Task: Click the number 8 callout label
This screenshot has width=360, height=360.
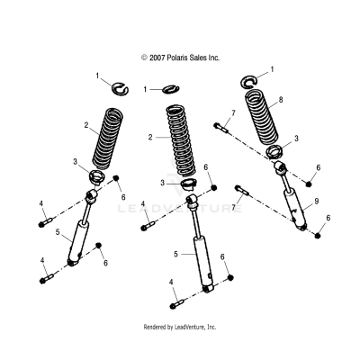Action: point(282,101)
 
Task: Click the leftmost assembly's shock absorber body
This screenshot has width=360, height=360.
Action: point(83,243)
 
